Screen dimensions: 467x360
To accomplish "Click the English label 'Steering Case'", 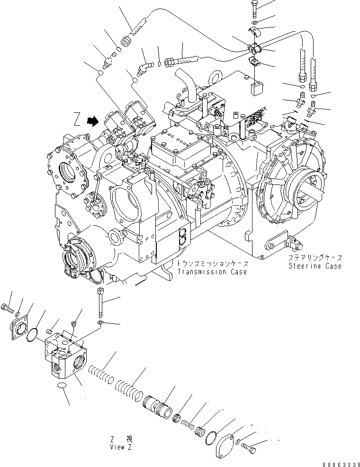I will point(315,266).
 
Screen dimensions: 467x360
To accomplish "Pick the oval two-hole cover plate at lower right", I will point(225,443).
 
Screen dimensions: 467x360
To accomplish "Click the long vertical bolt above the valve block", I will point(100,304).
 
